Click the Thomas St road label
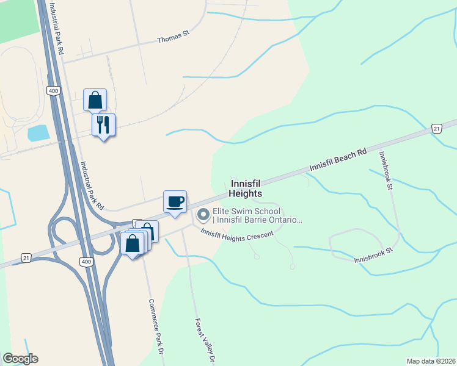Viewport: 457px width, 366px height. pos(174,39)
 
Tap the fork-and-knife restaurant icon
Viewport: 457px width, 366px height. pos(103,125)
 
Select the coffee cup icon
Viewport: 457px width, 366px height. pos(175,201)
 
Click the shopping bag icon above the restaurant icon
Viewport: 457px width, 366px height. pos(95,100)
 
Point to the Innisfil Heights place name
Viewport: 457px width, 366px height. pos(246,188)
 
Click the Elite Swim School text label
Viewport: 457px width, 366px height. pos(257,215)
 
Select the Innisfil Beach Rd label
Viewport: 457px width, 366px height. pos(337,158)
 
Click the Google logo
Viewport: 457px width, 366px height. pos(20,359)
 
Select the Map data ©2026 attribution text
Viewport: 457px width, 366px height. pos(430,361)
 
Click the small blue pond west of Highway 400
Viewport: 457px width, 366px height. pos(38,133)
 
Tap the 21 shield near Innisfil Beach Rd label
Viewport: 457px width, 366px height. pos(436,128)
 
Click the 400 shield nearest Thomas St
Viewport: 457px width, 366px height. pos(53,90)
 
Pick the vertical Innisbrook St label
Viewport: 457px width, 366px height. pos(385,171)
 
